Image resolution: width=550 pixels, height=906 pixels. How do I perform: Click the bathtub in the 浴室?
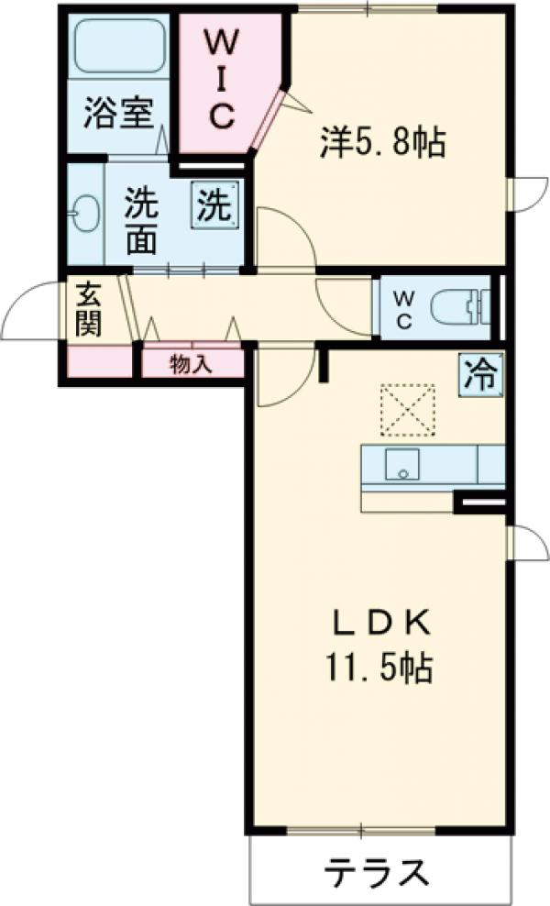119,46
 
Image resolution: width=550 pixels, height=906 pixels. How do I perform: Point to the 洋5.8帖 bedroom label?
382,142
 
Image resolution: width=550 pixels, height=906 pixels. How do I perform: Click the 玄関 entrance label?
89,309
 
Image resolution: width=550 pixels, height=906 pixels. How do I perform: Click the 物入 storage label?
192,364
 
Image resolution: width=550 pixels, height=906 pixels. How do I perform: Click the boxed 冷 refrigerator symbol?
481,373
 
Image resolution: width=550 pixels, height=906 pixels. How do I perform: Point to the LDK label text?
379,624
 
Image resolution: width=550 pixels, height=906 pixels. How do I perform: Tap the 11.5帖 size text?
377,668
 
